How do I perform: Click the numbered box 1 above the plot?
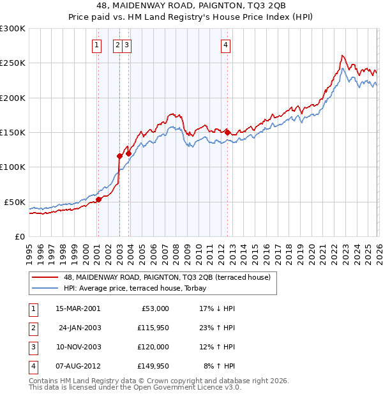click(x=96, y=45)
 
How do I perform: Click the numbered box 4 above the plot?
click(x=226, y=45)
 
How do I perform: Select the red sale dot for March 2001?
click(x=98, y=199)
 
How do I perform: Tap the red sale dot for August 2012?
click(x=227, y=132)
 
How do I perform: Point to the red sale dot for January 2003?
click(x=119, y=156)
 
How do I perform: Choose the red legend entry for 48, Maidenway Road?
click(x=167, y=277)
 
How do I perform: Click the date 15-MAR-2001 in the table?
click(x=78, y=308)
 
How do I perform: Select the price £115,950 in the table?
click(x=153, y=328)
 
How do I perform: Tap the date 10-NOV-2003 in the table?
click(x=78, y=347)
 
